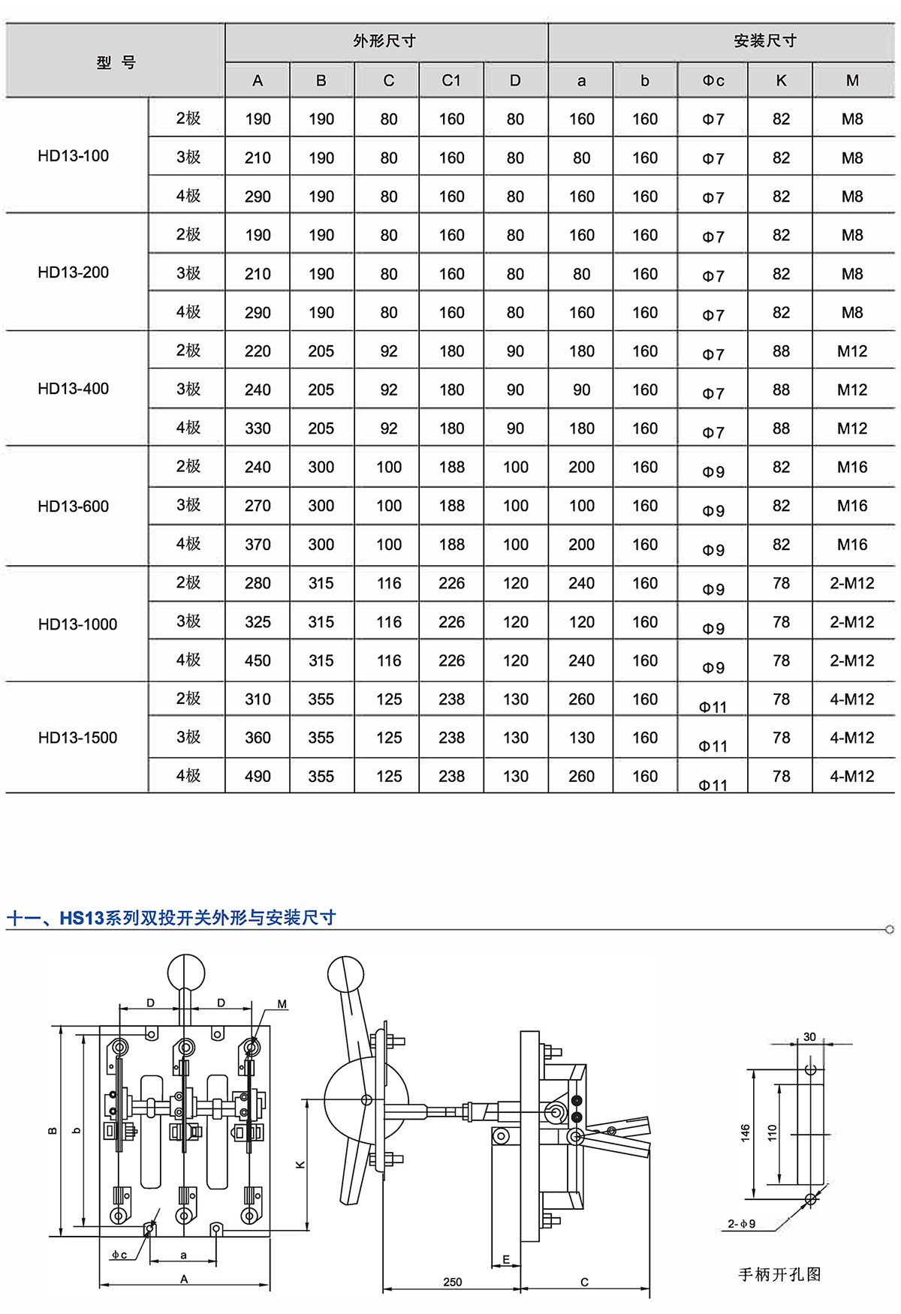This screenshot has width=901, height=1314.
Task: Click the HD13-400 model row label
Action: point(74,389)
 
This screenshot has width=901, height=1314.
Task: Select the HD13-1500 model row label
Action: point(77,738)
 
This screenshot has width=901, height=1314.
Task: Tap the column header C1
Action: point(451,80)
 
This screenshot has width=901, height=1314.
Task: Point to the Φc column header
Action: point(713,80)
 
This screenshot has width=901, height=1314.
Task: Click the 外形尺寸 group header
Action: point(385,41)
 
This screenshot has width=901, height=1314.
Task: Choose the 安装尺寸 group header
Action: point(765,41)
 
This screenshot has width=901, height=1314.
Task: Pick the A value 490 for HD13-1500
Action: point(258,777)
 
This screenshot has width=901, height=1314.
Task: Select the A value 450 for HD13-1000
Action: point(258,660)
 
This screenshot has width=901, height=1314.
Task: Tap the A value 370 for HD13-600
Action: point(258,545)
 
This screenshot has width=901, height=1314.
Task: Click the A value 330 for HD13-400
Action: point(258,428)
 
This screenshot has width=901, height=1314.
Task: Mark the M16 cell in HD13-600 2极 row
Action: point(852,467)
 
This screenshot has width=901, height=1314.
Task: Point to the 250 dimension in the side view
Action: point(453,1282)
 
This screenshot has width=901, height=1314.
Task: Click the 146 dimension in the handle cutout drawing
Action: point(745,1132)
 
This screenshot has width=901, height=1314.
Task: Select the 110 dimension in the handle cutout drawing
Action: point(772,1132)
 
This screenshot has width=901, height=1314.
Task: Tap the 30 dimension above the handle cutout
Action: point(809,1037)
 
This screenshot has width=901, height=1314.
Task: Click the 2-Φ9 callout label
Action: point(742,1224)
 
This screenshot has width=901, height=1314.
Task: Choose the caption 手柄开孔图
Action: point(779,1274)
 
